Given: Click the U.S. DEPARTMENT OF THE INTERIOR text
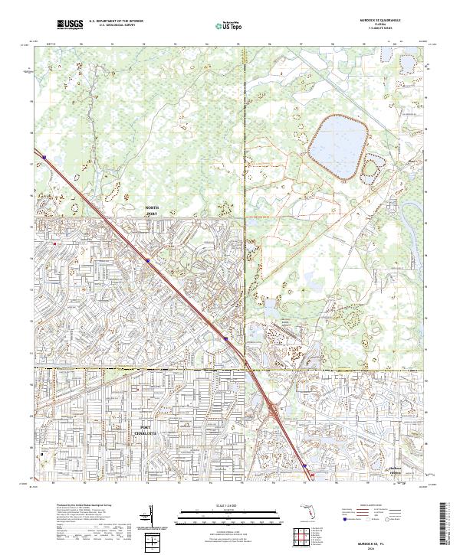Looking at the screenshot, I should [116, 21].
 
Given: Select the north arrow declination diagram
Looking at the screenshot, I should [153, 517].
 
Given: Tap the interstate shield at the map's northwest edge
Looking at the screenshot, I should [44, 158].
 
